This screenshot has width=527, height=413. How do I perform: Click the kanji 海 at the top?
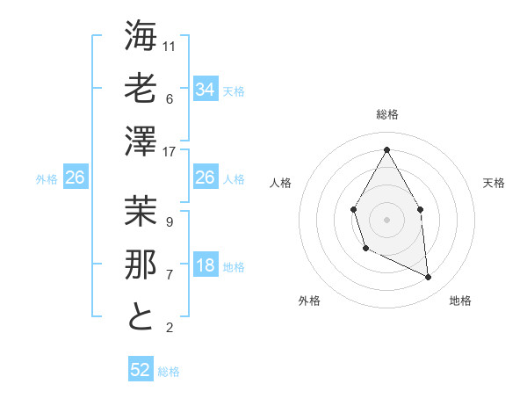[x=141, y=38]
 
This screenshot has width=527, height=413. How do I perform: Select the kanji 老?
[x=141, y=89]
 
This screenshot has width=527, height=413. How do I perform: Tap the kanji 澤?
[x=141, y=141]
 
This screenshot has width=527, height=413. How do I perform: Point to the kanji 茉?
[x=141, y=212]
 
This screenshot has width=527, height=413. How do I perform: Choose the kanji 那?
[x=141, y=264]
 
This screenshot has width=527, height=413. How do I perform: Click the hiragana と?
[x=141, y=316]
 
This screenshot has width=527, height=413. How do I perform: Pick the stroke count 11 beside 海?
[x=170, y=46]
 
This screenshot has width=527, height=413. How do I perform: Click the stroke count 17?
[x=170, y=151]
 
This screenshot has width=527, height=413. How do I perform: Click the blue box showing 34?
[x=205, y=89]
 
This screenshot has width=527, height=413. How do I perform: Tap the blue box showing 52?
[x=141, y=370]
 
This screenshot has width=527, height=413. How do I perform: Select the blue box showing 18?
[x=205, y=265]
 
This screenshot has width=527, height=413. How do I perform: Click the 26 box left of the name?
[x=75, y=178]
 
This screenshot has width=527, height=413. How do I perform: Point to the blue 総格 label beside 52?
[x=169, y=372]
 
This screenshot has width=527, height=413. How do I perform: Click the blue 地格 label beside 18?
[x=234, y=267]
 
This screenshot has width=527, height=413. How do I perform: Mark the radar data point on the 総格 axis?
[x=386, y=149]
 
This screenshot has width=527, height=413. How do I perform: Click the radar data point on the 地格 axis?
[x=429, y=278]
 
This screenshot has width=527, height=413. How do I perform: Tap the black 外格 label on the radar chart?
[x=309, y=301]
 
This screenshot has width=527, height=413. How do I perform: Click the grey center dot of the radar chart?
[x=386, y=218]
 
